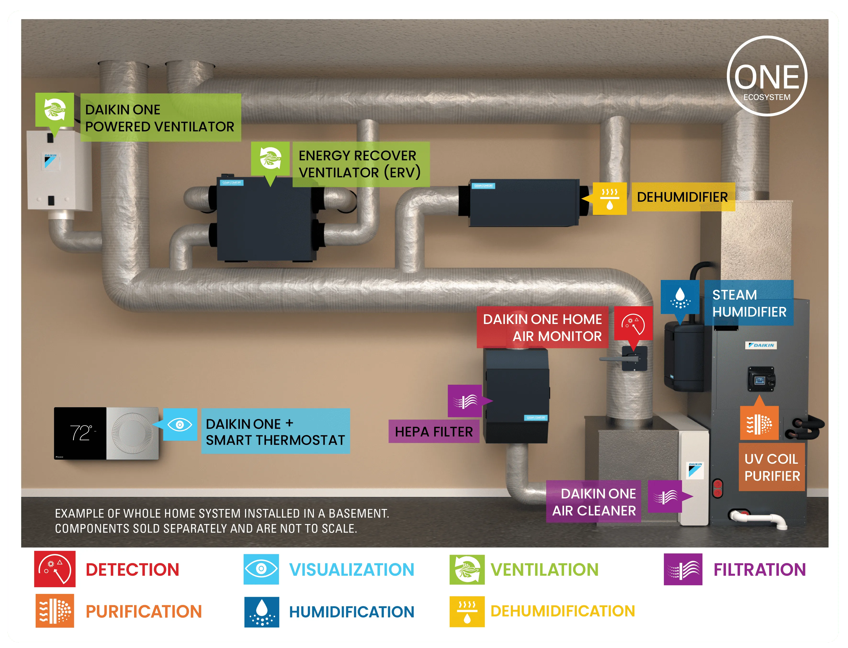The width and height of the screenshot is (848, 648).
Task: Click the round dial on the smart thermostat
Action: [132, 433]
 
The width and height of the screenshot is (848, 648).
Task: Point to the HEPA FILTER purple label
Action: [434, 432]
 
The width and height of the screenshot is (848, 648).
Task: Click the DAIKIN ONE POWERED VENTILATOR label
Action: [160, 118]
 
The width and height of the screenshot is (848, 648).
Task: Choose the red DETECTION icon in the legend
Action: [55, 569]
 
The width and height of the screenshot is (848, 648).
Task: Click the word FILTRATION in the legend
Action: [759, 570]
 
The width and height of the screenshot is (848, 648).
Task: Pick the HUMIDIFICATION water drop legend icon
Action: [262, 612]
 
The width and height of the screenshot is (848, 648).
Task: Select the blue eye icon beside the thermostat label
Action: [180, 425]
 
